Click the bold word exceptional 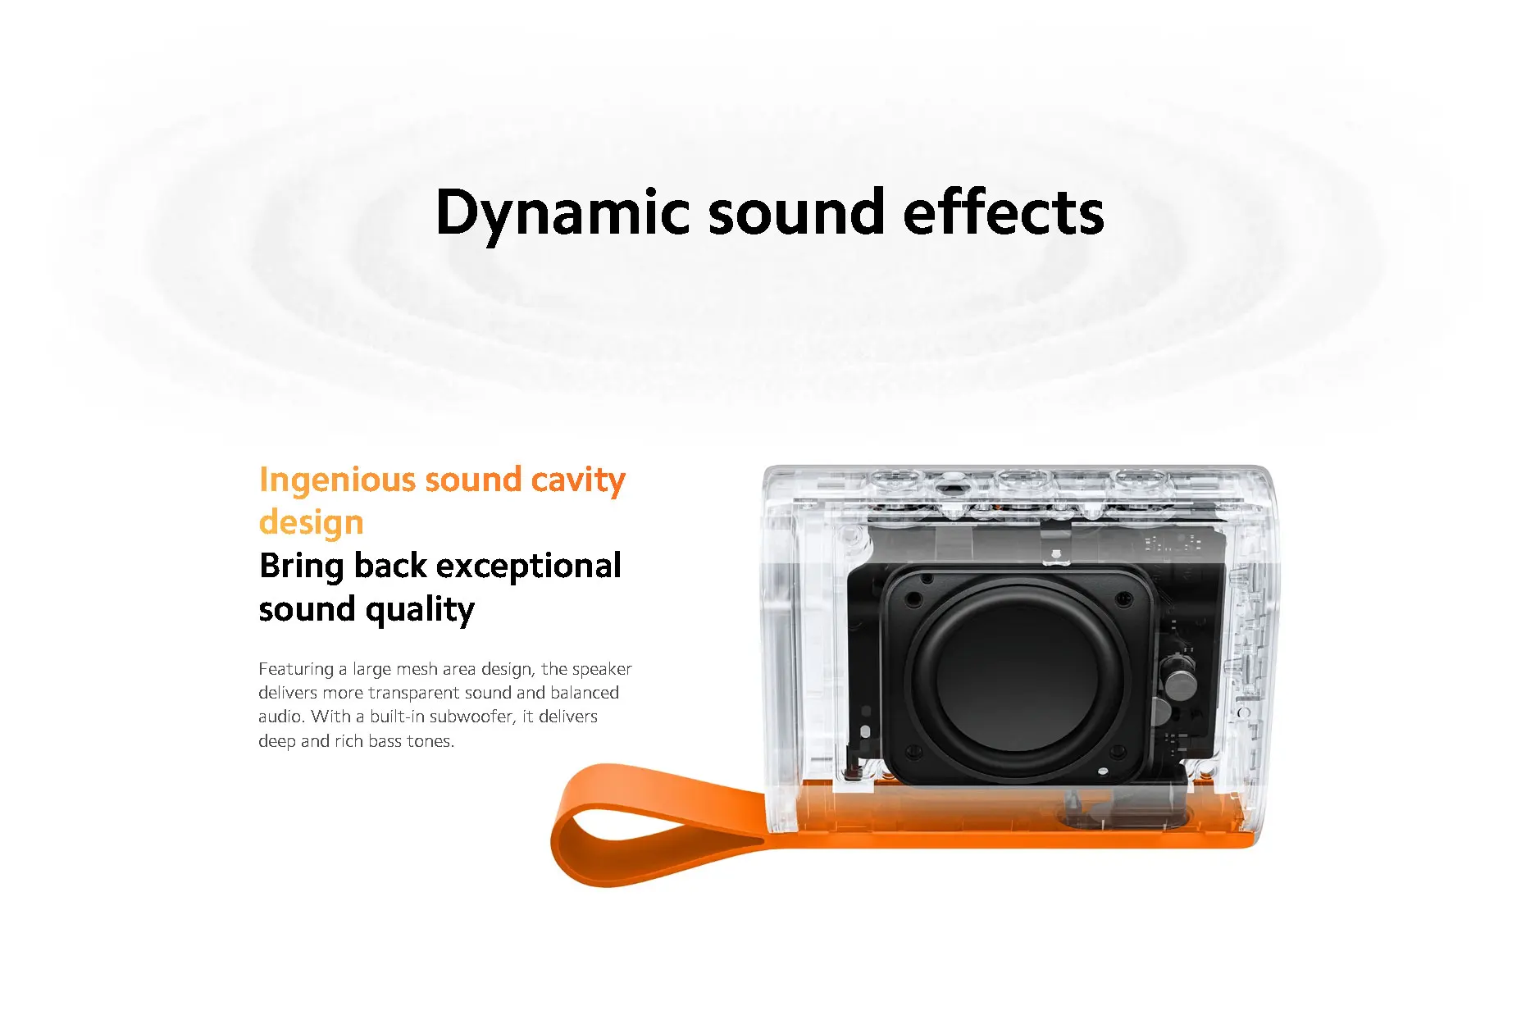click(x=528, y=566)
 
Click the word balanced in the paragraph click(x=585, y=693)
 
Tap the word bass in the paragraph click(x=385, y=741)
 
